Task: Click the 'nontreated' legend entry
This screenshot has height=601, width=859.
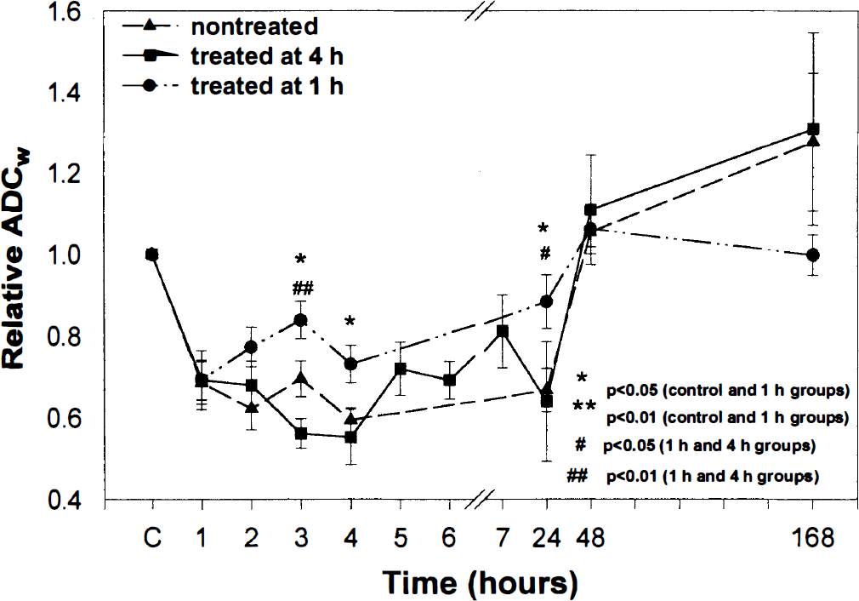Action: [x=254, y=26]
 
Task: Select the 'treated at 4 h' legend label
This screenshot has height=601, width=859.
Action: [x=267, y=56]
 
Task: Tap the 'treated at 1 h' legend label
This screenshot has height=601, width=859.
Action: [x=267, y=86]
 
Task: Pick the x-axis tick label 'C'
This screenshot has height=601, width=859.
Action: [x=152, y=538]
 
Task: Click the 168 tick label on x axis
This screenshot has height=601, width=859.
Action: [x=812, y=538]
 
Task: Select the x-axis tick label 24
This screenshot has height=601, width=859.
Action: [x=546, y=538]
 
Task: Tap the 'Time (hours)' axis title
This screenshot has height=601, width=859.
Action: [x=481, y=582]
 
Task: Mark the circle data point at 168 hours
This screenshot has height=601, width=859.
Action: [x=813, y=255]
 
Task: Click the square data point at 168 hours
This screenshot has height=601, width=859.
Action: [x=814, y=129]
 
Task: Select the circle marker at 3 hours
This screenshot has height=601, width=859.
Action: [x=301, y=320]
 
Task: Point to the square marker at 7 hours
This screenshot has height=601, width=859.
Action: [x=503, y=331]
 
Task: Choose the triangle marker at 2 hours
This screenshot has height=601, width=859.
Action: [x=252, y=408]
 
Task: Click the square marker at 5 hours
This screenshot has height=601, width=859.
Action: [x=401, y=369]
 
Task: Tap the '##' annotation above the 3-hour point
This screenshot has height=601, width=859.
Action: [x=303, y=288]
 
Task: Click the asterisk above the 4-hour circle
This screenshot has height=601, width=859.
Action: [x=350, y=321]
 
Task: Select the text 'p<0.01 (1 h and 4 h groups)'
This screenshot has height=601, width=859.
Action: [x=713, y=476]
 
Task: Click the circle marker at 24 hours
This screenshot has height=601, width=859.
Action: [x=546, y=301]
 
